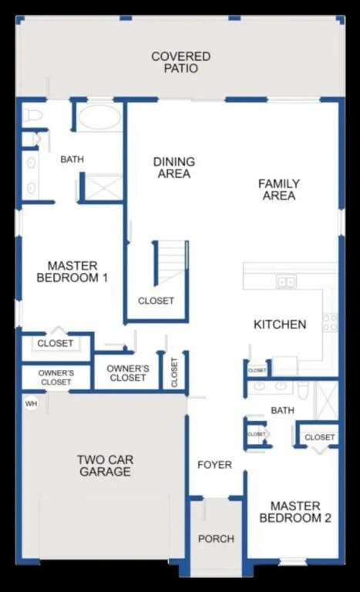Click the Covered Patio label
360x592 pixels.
tap(180, 62)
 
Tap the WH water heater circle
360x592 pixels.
tap(32, 404)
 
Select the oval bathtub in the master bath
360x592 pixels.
tap(99, 116)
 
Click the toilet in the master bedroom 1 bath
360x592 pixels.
tap(32, 115)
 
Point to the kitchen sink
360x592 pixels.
tap(286, 281)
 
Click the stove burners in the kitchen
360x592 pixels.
tap(330, 323)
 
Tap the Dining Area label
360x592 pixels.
tap(174, 167)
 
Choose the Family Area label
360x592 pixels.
tap(279, 190)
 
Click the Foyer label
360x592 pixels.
tap(214, 465)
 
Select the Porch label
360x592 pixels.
tap(216, 539)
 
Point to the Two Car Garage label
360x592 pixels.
tap(106, 466)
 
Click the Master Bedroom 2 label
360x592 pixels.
tap(295, 512)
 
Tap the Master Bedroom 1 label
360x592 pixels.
tap(72, 271)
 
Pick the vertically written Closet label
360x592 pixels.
tap(174, 372)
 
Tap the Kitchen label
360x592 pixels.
tap(280, 325)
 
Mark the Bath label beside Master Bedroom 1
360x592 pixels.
tap(72, 160)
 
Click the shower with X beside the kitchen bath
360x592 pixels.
tap(327, 400)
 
